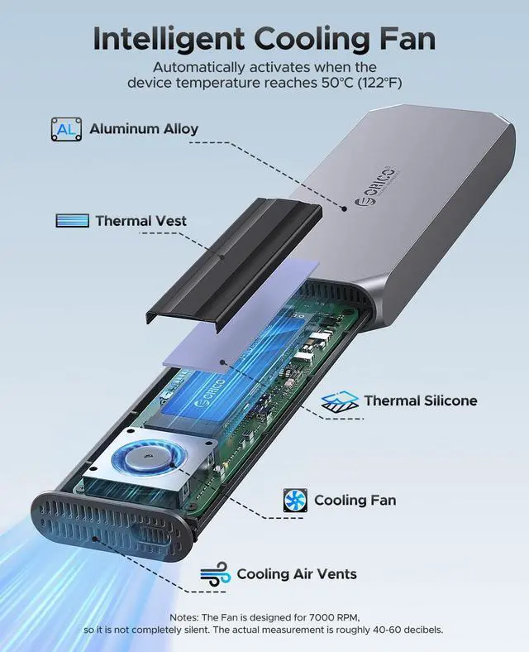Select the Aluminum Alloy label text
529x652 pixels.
pos(144,129)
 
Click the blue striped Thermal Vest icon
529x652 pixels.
pos(72,221)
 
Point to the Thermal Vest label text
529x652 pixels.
pos(141,221)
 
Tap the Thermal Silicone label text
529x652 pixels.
pos(420,400)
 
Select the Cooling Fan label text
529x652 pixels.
pos(355,500)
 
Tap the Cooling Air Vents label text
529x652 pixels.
pos(297,574)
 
